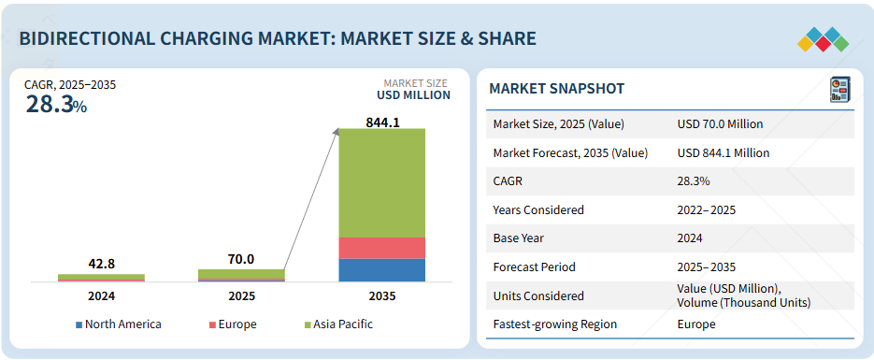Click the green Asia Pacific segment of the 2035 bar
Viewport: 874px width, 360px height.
tap(381, 182)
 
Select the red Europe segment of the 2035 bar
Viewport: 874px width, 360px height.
tap(381, 248)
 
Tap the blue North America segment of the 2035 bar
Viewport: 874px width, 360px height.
tap(381, 269)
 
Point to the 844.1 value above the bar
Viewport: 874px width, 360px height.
tap(382, 122)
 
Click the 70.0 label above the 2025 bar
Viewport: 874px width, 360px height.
tap(241, 259)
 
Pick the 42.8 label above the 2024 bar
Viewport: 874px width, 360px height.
tap(102, 264)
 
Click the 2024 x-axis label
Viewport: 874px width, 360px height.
tap(101, 295)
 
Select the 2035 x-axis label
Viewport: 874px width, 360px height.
tap(381, 295)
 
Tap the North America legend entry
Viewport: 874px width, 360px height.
tap(118, 324)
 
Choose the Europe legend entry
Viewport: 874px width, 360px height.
tap(233, 324)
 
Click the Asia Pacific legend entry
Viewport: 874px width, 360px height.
tap(338, 324)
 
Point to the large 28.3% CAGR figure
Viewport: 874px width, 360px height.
tap(56, 105)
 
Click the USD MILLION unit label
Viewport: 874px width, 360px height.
tap(413, 95)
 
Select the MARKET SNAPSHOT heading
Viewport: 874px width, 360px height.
tap(556, 89)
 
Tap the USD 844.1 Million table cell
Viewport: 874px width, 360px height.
tap(724, 152)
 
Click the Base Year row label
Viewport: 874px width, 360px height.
tap(519, 238)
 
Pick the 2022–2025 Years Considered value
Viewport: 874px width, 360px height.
tap(707, 210)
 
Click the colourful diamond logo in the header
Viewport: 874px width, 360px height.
tap(823, 39)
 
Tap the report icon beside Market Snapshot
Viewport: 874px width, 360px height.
tap(839, 89)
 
